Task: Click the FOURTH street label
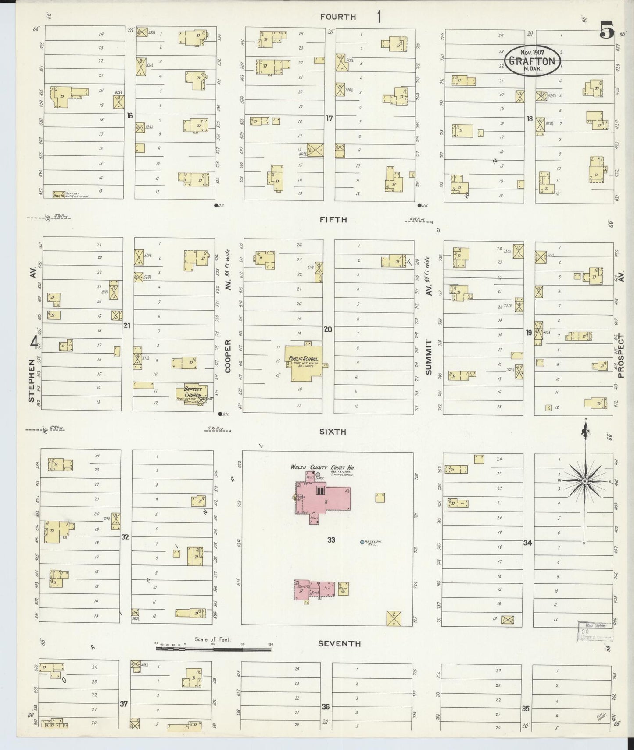pos(337,17)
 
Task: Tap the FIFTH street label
pos(333,220)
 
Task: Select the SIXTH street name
pos(333,432)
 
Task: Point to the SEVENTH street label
pos(339,644)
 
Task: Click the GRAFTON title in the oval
pos(532,61)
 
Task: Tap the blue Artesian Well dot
pos(362,543)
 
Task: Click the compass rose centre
pos(584,482)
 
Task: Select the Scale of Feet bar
pos(214,647)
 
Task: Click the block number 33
pos(331,540)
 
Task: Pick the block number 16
pos(129,115)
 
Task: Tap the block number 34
pos(527,543)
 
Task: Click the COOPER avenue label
pos(228,356)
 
